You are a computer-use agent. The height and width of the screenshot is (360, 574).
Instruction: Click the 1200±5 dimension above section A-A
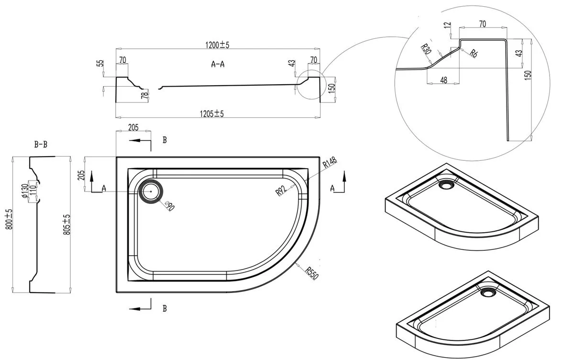pos(217,45)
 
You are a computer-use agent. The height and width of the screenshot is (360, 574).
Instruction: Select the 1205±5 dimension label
pos(211,113)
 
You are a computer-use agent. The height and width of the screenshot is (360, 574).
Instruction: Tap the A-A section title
pos(218,64)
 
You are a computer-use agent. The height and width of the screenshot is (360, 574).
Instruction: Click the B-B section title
pos(41,145)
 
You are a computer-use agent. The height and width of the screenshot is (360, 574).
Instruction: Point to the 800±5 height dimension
pos(9,219)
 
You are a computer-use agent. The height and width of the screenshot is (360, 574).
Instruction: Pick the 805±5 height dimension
pos(66,225)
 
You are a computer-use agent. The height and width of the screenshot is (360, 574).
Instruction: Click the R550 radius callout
pos(311,273)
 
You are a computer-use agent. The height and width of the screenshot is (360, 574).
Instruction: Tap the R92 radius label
pos(281,191)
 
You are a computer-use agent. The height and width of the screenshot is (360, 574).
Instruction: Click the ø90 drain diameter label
pos(170,206)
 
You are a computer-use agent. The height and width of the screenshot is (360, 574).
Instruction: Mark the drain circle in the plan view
pos(150,191)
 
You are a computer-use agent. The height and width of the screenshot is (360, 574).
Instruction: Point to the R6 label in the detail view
pos(474,53)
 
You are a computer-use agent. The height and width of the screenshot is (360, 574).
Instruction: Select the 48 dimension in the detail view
pos(443,80)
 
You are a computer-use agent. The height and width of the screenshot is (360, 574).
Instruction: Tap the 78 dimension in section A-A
pos(145,95)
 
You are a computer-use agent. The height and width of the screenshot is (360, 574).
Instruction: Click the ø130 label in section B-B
pos(25,191)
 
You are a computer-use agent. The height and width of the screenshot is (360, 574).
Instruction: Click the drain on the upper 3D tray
pos(446,184)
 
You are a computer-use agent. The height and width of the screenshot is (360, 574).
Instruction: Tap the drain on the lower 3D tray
pos(488,292)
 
